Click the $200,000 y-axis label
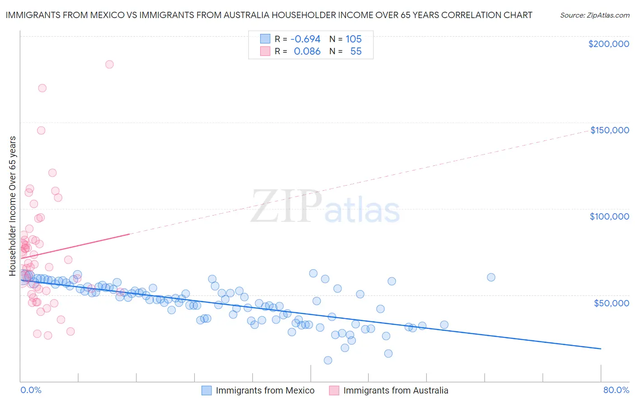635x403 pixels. coord(608,44)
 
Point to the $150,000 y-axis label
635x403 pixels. coord(609,130)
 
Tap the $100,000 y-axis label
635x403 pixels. coord(609,216)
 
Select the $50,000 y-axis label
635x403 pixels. coord(611,303)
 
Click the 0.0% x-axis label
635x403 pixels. coord(31,390)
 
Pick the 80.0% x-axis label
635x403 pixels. coord(616,390)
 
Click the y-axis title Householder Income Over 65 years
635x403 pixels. coord(13,206)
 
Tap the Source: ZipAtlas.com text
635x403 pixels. coord(594,15)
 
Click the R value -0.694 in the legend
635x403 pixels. coord(305,39)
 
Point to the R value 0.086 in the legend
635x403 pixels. coord(307,52)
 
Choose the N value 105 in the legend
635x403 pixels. coord(354,39)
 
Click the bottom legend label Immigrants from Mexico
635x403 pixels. coord(265,390)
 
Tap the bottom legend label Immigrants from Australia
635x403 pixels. coord(396,390)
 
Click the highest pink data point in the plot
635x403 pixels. coord(109,65)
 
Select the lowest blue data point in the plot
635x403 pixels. coord(328,360)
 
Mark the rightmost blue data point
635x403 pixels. coord(491,277)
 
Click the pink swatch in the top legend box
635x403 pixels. coord(265,52)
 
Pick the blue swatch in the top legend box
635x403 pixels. coord(265,39)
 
